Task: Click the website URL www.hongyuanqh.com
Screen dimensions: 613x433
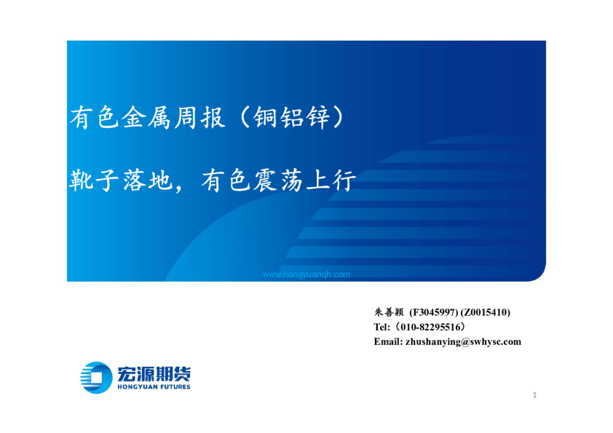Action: point(306,275)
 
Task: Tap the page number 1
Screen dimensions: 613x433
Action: point(534,395)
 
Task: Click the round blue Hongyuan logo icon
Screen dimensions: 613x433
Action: point(96,378)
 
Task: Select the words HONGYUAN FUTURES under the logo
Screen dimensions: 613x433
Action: point(154,387)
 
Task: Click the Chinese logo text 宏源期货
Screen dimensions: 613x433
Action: point(154,373)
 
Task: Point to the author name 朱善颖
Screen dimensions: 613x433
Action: point(389,312)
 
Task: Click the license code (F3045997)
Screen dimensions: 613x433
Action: point(434,312)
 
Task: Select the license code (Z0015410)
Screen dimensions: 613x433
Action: point(486,312)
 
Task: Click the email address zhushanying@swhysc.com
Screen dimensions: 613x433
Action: point(463,341)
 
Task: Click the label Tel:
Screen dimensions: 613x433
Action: point(381,327)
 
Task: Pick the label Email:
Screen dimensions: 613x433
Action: point(388,341)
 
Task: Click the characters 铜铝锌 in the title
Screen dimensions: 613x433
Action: point(292,117)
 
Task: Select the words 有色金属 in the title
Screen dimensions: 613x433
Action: point(120,117)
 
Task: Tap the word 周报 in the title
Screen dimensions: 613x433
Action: point(199,117)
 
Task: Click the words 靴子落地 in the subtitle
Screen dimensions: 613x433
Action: point(120,180)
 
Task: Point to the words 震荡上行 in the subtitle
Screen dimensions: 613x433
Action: point(304,180)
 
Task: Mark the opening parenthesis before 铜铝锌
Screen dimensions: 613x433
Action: point(244,117)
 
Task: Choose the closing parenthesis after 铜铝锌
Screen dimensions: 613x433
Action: point(339,117)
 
